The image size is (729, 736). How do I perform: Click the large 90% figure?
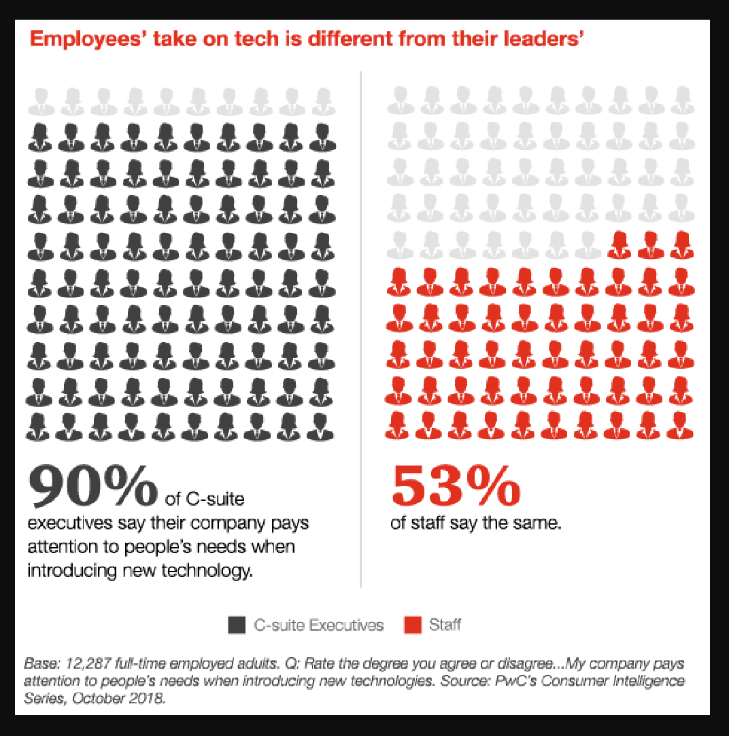click(x=92, y=486)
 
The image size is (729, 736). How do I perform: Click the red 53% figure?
click(x=456, y=486)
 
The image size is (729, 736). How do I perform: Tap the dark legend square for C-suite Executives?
click(x=236, y=625)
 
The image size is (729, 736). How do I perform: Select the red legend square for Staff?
click(x=412, y=625)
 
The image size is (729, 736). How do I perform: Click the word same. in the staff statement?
click(x=538, y=524)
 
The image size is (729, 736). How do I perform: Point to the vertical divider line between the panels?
click(x=360, y=326)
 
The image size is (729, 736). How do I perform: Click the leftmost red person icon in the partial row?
click(x=619, y=245)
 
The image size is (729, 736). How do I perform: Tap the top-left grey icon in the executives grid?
click(x=41, y=101)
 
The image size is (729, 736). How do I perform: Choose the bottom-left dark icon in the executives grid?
click(x=41, y=425)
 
